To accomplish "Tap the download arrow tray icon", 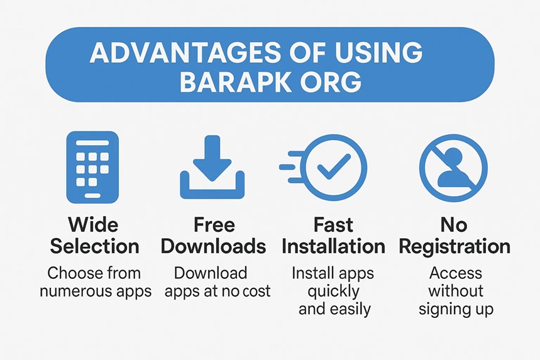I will [212, 167].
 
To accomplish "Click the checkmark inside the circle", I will [333, 166].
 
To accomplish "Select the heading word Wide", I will [93, 225].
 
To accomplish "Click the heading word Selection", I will [94, 246].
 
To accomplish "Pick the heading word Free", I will [214, 225].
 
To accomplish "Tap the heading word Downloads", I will [214, 246].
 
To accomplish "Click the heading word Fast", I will [333, 225].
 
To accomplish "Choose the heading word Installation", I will [333, 246].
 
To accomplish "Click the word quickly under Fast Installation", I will [334, 292].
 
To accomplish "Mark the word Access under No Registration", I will [455, 273].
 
